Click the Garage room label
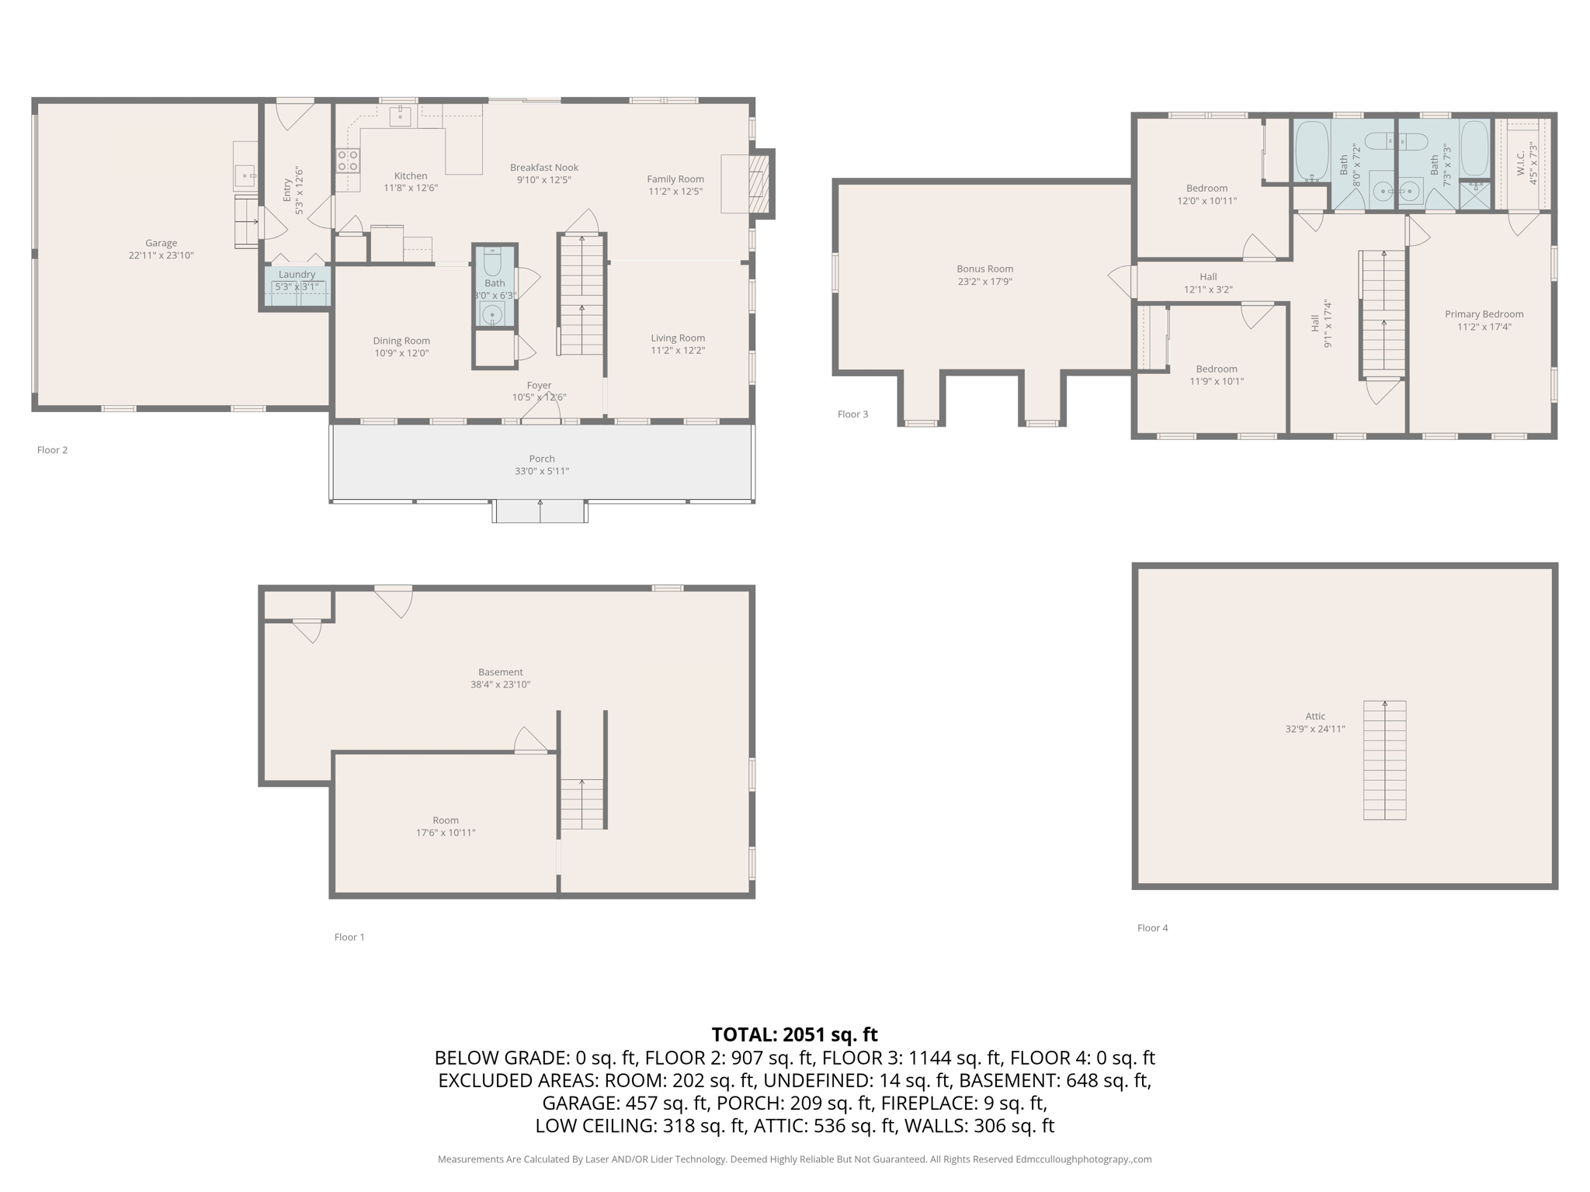pos(161,243)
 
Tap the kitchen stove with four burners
pos(347,161)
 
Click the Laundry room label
pos(297,274)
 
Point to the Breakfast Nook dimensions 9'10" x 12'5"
pos(543,180)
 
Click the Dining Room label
pos(401,341)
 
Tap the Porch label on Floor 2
pos(542,459)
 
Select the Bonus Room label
pos(984,269)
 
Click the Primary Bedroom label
pos(1484,314)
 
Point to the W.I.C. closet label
pos(1521,164)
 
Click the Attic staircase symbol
pos(1384,761)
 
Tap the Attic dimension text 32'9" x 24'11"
pos(1314,729)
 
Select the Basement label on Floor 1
pos(500,672)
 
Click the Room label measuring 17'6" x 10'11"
pos(445,820)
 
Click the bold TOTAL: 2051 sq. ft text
pos(794,1034)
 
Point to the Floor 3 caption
pos(852,414)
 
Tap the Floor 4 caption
pos(1152,928)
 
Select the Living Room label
pos(678,338)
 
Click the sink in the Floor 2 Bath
pos(491,314)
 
